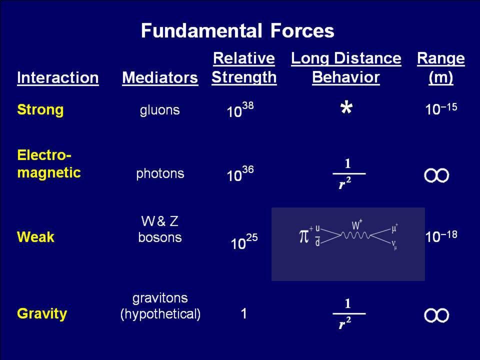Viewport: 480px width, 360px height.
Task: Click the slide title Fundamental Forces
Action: click(237, 31)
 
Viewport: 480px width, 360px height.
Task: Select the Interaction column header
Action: click(58, 78)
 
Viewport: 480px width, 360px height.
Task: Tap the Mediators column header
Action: click(160, 78)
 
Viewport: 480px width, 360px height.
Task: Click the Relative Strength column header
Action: click(244, 67)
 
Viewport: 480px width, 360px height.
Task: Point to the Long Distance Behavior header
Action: click(346, 67)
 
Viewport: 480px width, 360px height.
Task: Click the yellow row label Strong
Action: click(40, 109)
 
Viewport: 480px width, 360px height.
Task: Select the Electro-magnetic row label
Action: click(49, 164)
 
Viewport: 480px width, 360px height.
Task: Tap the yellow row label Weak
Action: click(36, 237)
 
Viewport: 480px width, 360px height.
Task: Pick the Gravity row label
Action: click(42, 314)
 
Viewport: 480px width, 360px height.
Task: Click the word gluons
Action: click(160, 110)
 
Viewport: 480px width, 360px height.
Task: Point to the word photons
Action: click(160, 174)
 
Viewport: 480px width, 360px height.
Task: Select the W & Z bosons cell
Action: click(160, 229)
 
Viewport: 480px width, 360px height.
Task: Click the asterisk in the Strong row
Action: click(346, 108)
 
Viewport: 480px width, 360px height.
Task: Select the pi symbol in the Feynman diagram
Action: click(303, 236)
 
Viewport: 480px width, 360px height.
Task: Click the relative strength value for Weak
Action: click(244, 242)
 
